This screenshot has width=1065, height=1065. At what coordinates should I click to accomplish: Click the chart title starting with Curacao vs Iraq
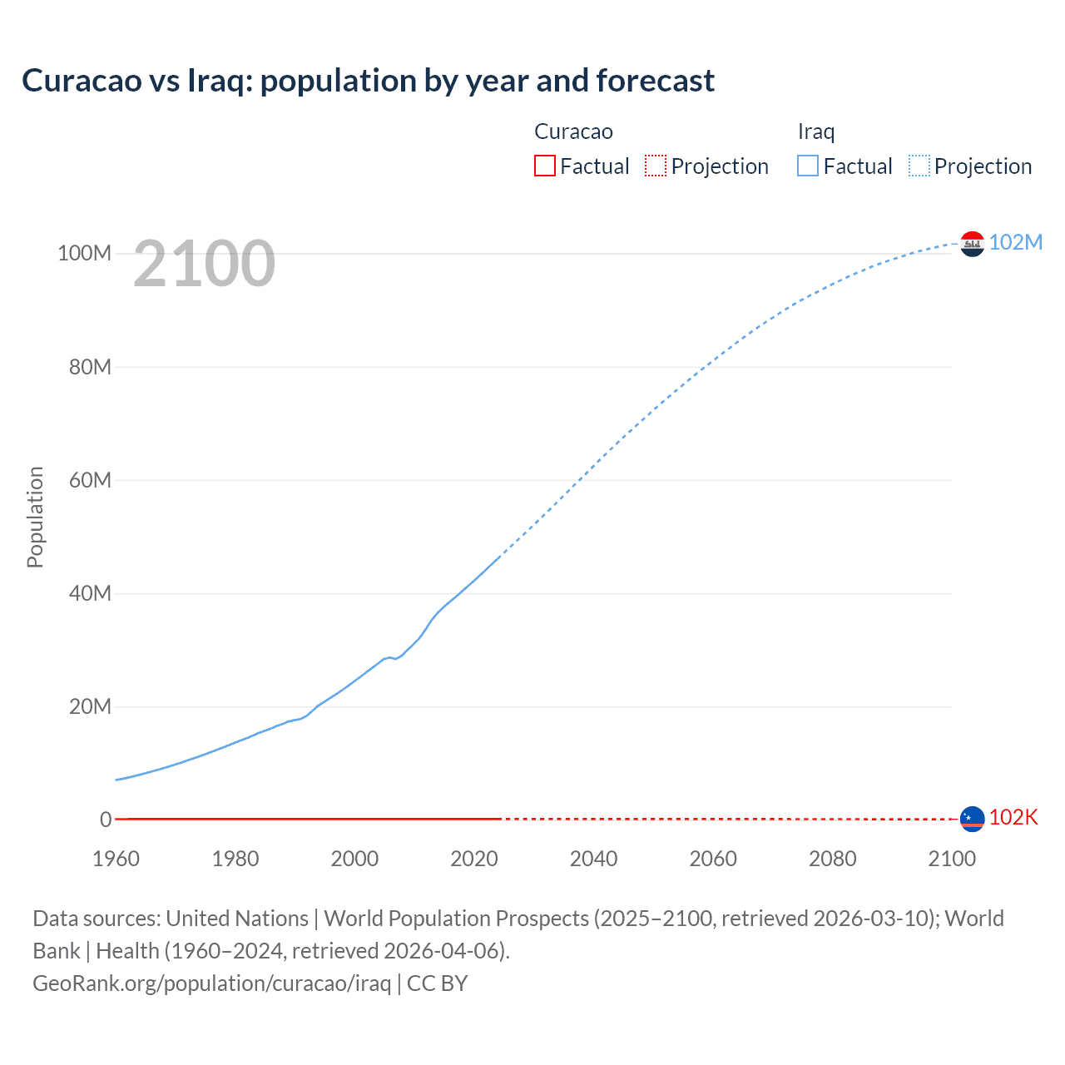pos(368,81)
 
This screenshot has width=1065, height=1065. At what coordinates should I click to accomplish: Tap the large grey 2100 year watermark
pos(204,264)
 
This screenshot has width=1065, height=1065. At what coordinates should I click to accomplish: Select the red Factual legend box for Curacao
pos(545,166)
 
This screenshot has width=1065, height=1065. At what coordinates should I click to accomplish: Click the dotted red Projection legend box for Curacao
pos(656,166)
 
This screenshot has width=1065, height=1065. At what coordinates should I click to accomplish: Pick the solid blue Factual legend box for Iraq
pos(808,166)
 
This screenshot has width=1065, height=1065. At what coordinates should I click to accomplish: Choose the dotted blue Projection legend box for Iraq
pos(919,166)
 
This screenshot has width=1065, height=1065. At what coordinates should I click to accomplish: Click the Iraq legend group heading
pos(815,131)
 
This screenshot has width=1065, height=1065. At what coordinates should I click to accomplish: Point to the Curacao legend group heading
pos(573,131)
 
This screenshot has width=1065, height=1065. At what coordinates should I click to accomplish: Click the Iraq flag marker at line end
pos(972,244)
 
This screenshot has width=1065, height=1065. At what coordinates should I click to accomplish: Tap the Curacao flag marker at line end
pos(972,819)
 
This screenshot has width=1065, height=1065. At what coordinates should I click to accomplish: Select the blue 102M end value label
pos(1015,242)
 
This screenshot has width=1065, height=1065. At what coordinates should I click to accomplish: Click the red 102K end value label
pos(1013,817)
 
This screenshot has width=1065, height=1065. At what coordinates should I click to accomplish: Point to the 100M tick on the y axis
pos(84,253)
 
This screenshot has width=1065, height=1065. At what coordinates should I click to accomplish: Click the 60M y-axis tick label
pos(90,480)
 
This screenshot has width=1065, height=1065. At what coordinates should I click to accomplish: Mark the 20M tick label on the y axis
pos(90,706)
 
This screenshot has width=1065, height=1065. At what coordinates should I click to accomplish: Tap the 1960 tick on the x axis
pos(116,859)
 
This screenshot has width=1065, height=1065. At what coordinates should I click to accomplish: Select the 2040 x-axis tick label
pos(593,859)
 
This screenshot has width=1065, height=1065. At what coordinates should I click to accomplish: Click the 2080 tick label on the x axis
pos(832,859)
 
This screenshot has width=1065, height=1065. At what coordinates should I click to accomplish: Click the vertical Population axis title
pos(35,517)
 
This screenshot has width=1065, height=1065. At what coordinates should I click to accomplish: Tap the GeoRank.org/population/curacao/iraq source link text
pos(211,983)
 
